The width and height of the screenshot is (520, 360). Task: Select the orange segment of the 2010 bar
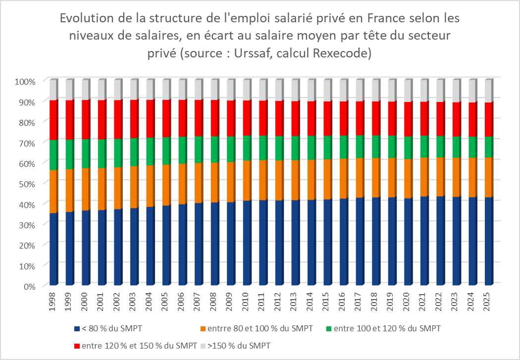point(247,180)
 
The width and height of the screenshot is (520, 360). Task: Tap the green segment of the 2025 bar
point(488,147)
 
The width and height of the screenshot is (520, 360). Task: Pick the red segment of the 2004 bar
point(150,119)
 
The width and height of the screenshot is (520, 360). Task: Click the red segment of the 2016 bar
point(343,118)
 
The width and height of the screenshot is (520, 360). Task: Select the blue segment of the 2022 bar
point(440,241)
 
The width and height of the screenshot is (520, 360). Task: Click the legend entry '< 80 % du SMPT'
point(106,329)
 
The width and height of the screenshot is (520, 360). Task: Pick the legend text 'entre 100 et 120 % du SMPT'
point(387,329)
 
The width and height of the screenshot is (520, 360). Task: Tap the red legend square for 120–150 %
point(77,345)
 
